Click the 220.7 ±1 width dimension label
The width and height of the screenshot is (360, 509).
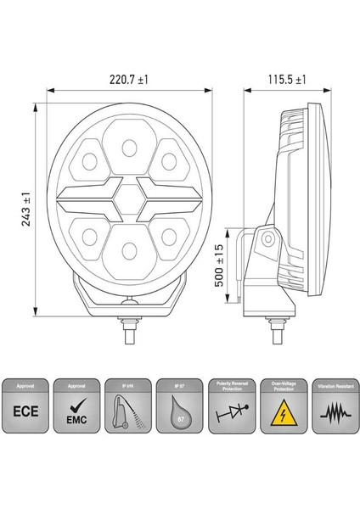coord(129,79)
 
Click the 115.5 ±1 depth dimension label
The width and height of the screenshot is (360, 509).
coord(286,79)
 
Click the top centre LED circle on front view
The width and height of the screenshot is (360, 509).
coord(129,148)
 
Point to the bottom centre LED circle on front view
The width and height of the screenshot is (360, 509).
coord(129,250)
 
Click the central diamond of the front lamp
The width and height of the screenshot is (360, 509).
coord(129,200)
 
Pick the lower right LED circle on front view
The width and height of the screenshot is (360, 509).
coord(167,235)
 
